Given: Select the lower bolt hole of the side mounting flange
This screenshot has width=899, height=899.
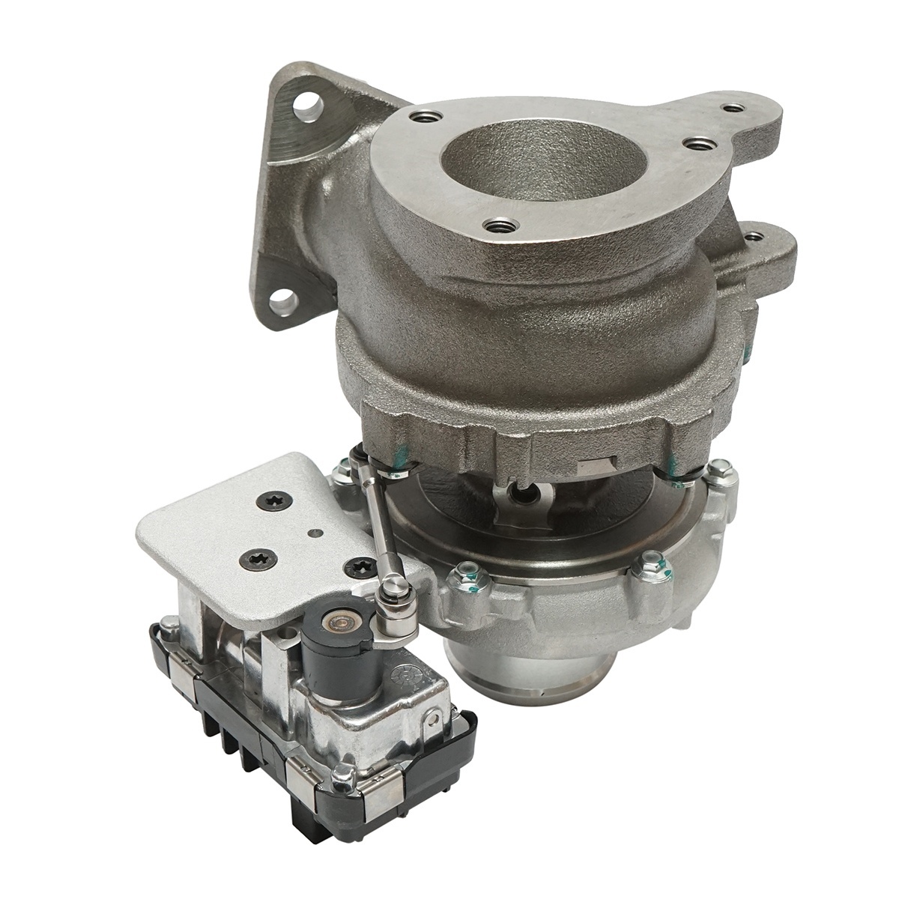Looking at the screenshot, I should (x=284, y=303).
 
